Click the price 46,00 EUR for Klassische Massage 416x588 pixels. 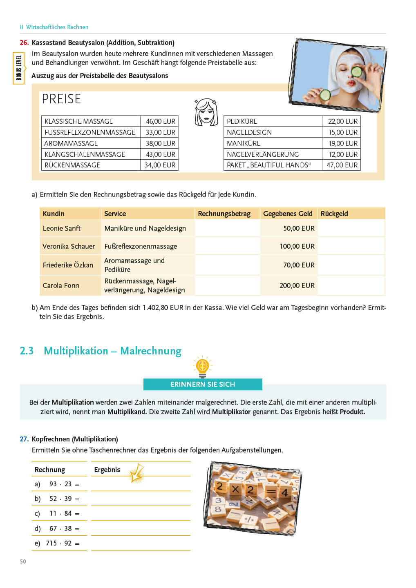tap(160, 121)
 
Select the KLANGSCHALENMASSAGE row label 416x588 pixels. tap(85, 154)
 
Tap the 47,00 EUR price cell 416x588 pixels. tap(342, 165)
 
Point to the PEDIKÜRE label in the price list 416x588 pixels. tap(242, 121)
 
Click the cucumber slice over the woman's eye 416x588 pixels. tap(357, 72)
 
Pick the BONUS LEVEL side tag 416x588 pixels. tap(19, 68)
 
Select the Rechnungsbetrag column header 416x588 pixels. tap(224, 214)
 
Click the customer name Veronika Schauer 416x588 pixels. tap(69, 246)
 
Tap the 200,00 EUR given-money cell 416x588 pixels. tap(297, 285)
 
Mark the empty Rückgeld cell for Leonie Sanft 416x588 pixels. tap(351, 228)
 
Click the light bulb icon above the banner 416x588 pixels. tap(203, 366)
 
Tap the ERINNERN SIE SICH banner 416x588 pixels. tap(203, 384)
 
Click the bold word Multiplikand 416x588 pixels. tap(127, 412)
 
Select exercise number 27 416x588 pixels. tap(24, 439)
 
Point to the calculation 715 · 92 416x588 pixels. tap(59, 543)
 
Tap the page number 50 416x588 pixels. tap(23, 561)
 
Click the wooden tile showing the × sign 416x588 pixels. tap(235, 489)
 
